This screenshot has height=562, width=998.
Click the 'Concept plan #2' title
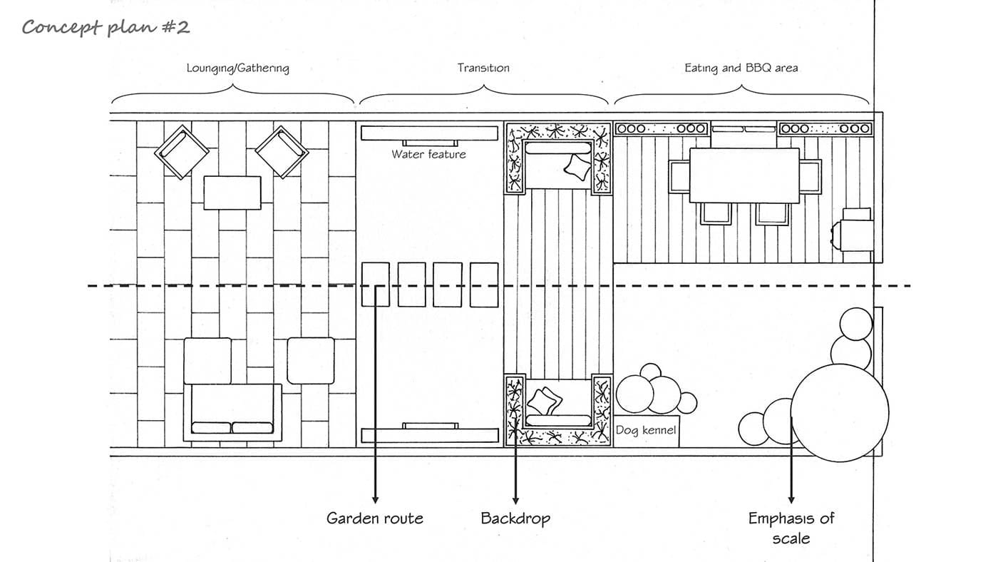point(106,27)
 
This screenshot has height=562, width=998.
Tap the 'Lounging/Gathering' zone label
point(237,68)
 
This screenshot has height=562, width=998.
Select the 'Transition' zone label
point(483,68)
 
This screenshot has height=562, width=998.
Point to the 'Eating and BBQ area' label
point(741,68)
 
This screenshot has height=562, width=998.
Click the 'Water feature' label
point(428,154)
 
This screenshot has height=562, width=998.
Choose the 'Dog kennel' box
point(646,431)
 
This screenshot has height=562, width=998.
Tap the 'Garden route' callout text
point(375,518)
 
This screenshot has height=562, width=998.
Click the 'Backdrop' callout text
point(515,518)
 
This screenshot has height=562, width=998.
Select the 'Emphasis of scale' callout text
point(791,528)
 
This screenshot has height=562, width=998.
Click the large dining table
point(744,175)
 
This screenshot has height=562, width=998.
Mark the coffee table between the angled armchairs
point(232,193)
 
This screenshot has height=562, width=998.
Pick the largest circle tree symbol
point(840,413)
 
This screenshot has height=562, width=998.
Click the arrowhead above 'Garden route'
point(375,500)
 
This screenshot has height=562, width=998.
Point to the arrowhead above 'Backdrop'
point(515,500)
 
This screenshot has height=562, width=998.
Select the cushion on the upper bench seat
point(577,167)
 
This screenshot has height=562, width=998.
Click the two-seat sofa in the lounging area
point(232,412)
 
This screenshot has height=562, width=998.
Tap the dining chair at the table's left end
point(679,176)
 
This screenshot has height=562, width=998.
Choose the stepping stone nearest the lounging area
point(375,285)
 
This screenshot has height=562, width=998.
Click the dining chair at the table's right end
point(810,176)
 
